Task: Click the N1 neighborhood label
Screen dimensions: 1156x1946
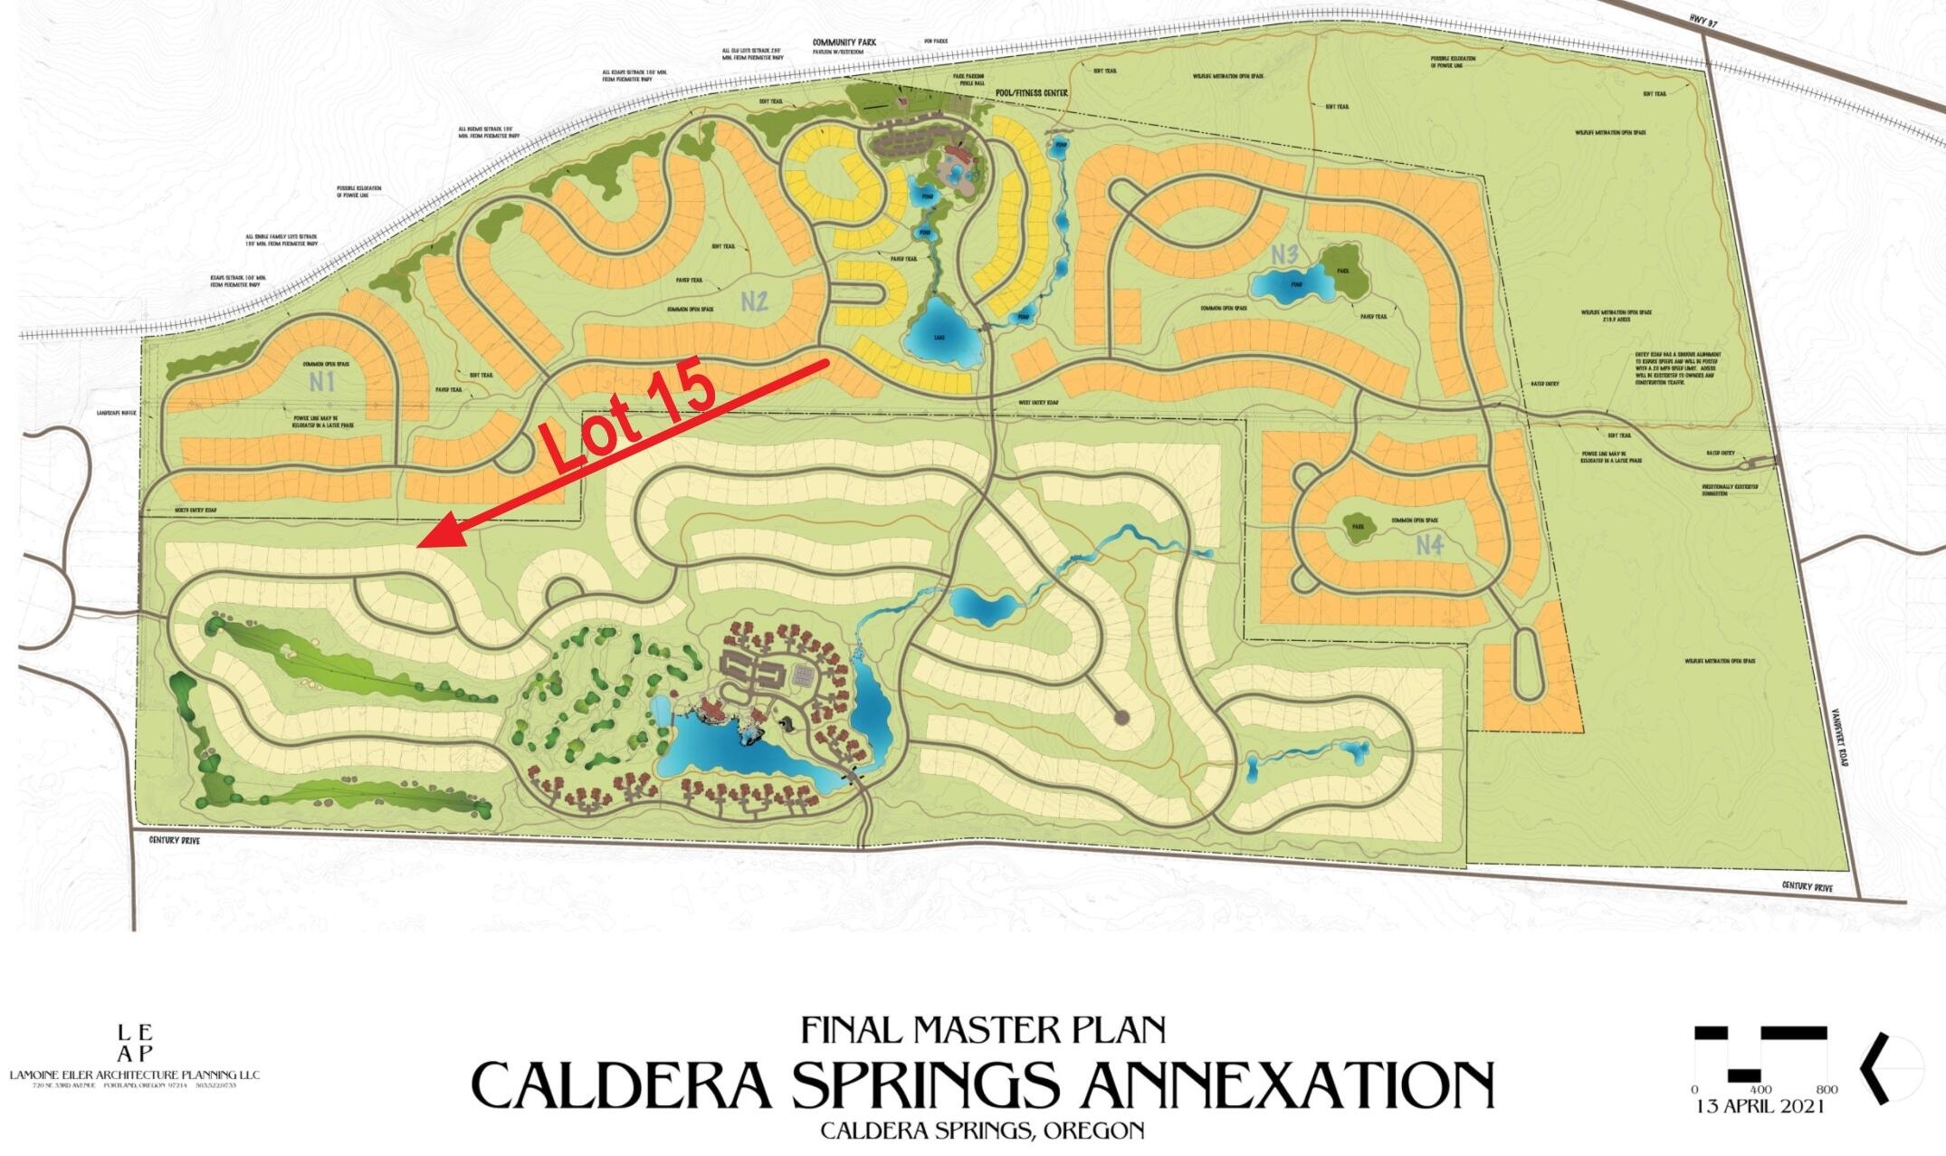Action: pos(322,381)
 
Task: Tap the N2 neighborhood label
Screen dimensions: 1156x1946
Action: pos(754,301)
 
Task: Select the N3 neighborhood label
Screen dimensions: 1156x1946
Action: pos(1283,255)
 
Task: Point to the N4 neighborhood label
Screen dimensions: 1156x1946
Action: pos(1429,545)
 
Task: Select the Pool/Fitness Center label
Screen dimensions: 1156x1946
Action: pos(1031,93)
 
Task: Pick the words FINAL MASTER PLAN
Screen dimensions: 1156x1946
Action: pos(983,1029)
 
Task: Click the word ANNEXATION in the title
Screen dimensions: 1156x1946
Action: pos(1277,1084)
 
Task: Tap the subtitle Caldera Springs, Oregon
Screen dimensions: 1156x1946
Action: pos(982,1131)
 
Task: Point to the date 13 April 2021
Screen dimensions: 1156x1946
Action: pos(1760,1106)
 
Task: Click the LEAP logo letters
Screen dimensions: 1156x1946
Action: pos(135,1043)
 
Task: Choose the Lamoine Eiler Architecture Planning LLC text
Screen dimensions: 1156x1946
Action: pos(135,1075)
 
